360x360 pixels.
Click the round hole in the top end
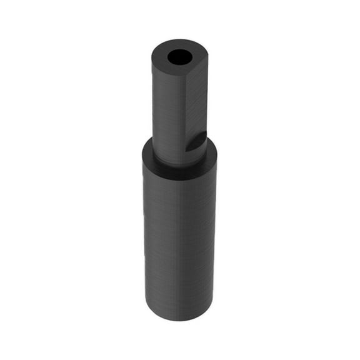click(x=180, y=57)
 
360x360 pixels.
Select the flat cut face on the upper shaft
click(x=197, y=106)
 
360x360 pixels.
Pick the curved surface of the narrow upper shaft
click(x=169, y=112)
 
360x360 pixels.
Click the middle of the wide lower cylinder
click(x=179, y=237)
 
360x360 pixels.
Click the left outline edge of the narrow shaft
click(x=152, y=106)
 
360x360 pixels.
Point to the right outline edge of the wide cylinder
click(x=216, y=237)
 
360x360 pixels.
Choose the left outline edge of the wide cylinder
click(x=143, y=237)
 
